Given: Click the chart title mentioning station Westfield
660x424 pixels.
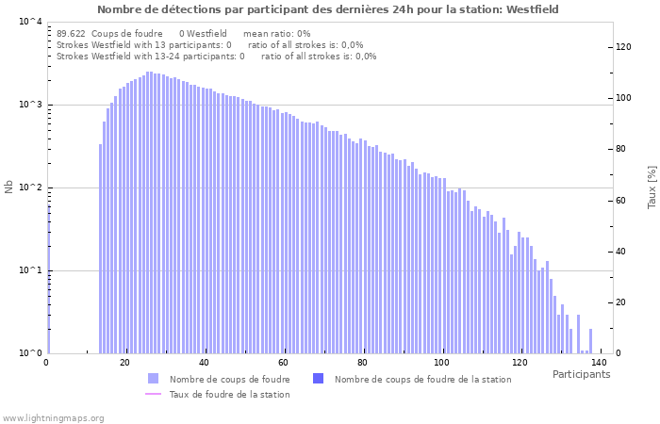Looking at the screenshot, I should click(327, 9).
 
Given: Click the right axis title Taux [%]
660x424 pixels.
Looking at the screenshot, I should click(652, 187).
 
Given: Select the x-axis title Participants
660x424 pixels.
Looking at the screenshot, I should click(581, 374).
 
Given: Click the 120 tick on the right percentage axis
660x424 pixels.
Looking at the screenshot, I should click(624, 47).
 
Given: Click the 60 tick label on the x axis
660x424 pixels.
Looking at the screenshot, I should click(283, 363).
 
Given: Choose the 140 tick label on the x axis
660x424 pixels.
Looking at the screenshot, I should click(599, 363).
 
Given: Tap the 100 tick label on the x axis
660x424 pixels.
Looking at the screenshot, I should click(441, 363).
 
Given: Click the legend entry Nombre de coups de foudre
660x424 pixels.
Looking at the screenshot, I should click(229, 379).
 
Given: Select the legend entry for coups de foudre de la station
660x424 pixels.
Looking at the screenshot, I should click(422, 379).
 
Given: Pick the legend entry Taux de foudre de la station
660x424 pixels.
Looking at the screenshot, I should click(229, 394).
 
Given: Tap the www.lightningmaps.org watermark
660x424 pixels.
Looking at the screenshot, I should click(54, 417).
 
